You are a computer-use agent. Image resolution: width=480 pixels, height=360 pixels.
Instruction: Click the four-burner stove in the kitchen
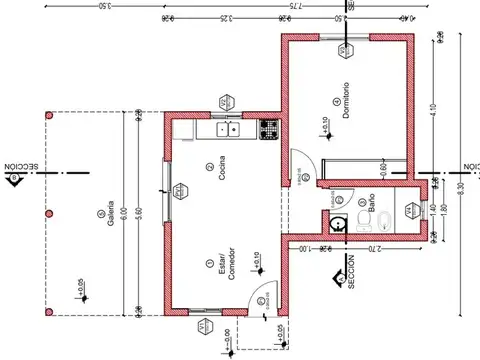pos(268,128)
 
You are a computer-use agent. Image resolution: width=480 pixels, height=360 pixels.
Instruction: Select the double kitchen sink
pos(228,128)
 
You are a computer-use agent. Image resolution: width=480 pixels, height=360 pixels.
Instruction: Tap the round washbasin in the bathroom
pos(340,222)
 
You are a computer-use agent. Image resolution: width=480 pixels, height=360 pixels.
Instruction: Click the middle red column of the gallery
pos(47,215)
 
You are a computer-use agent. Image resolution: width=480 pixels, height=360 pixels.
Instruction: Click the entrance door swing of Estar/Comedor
pos(259,298)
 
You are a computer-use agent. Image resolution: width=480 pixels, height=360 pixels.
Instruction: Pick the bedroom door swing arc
pos(301,161)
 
